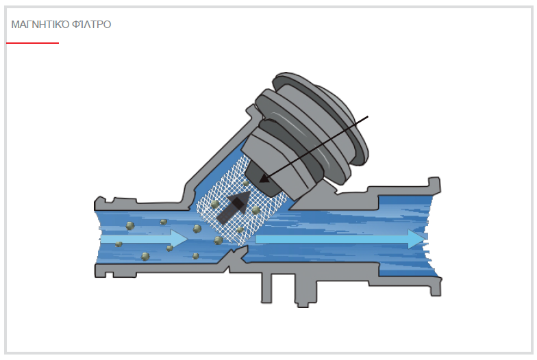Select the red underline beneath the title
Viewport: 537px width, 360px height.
click(x=33, y=43)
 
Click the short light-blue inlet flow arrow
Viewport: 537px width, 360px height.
click(x=144, y=238)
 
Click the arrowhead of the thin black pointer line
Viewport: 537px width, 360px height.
click(x=263, y=179)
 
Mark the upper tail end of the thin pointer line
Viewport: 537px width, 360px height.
click(x=368, y=116)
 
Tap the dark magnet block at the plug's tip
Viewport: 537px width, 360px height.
click(x=263, y=179)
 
